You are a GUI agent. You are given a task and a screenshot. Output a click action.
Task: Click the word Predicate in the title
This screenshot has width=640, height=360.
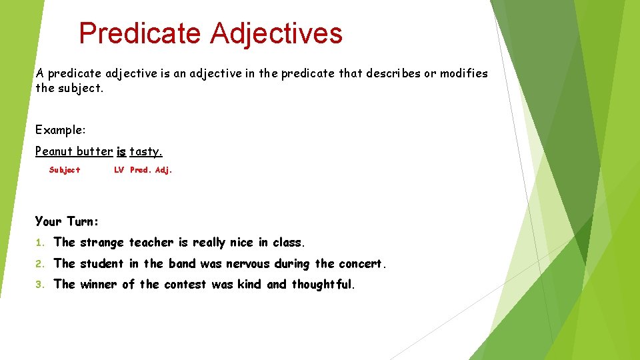[139, 33]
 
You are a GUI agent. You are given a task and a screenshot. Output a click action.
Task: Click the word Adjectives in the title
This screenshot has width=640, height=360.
[276, 33]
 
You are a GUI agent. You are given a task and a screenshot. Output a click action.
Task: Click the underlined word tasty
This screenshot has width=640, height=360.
[146, 151]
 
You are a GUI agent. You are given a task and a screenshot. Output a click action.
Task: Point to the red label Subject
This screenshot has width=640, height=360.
[65, 170]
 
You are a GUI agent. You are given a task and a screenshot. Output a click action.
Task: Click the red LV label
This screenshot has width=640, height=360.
[119, 170]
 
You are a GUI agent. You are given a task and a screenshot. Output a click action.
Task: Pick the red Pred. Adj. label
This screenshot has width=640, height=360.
[151, 170]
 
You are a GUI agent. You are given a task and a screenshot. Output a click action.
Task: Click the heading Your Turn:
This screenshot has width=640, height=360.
[67, 221]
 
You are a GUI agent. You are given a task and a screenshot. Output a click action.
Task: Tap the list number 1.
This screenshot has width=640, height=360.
[39, 243]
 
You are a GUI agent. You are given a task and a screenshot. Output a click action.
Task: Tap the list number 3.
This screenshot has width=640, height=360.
[39, 285]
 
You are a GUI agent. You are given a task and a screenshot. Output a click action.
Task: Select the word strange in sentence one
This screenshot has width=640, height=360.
[102, 243]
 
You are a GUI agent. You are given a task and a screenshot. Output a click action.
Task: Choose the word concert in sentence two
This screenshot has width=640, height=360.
[360, 263]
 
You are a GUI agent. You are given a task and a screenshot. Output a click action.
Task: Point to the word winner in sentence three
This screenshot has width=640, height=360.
[97, 285]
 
